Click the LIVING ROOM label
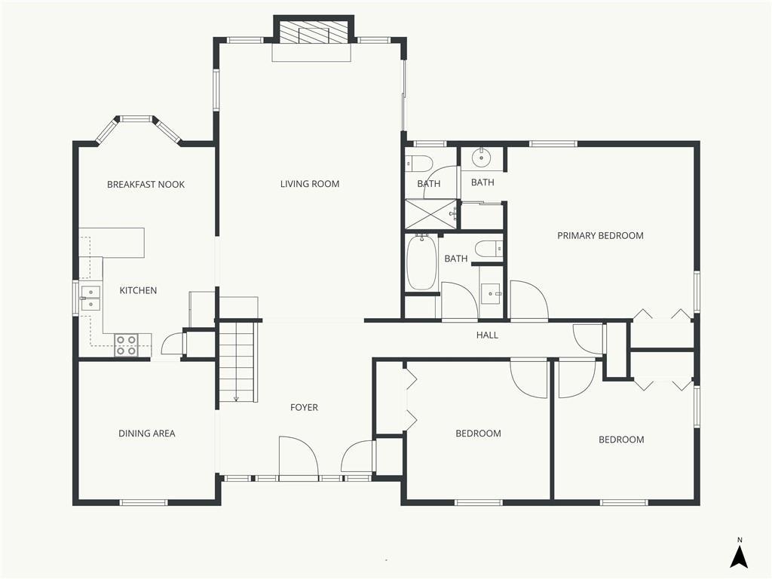(x=310, y=184)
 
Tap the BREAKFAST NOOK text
(x=146, y=185)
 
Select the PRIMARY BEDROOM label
(x=600, y=236)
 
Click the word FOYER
(x=304, y=408)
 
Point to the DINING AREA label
(x=147, y=433)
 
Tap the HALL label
(x=487, y=335)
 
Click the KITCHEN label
(x=139, y=290)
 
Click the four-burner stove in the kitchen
(x=126, y=345)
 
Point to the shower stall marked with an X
(x=430, y=214)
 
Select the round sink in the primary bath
(x=481, y=158)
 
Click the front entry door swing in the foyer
(x=299, y=456)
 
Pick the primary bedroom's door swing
(x=529, y=300)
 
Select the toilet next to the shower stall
(x=418, y=163)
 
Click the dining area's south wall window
(x=144, y=503)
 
